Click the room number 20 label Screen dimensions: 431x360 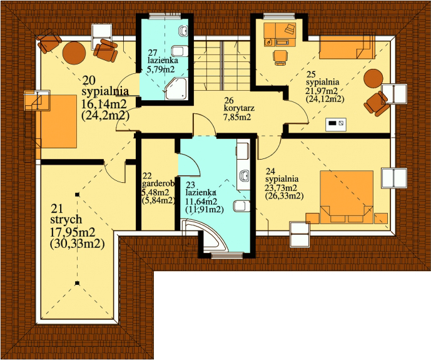(89, 81)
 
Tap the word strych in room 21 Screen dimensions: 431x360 (66, 220)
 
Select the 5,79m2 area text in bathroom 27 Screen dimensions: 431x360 (161, 69)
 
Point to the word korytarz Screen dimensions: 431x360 (239, 108)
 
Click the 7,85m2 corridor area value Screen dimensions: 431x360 (236, 118)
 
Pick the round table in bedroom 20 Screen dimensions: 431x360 (74, 53)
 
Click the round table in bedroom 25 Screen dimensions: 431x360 (373, 78)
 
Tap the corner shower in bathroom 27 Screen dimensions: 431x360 (176, 88)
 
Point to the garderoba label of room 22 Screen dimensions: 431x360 (158, 183)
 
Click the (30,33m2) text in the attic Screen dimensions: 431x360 (78, 244)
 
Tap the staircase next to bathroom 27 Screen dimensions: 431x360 (222, 66)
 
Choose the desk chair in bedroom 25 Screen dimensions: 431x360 (281, 57)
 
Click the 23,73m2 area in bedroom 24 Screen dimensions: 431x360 (281, 188)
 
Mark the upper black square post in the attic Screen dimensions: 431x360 (78, 195)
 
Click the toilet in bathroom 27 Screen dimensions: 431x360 (180, 51)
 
